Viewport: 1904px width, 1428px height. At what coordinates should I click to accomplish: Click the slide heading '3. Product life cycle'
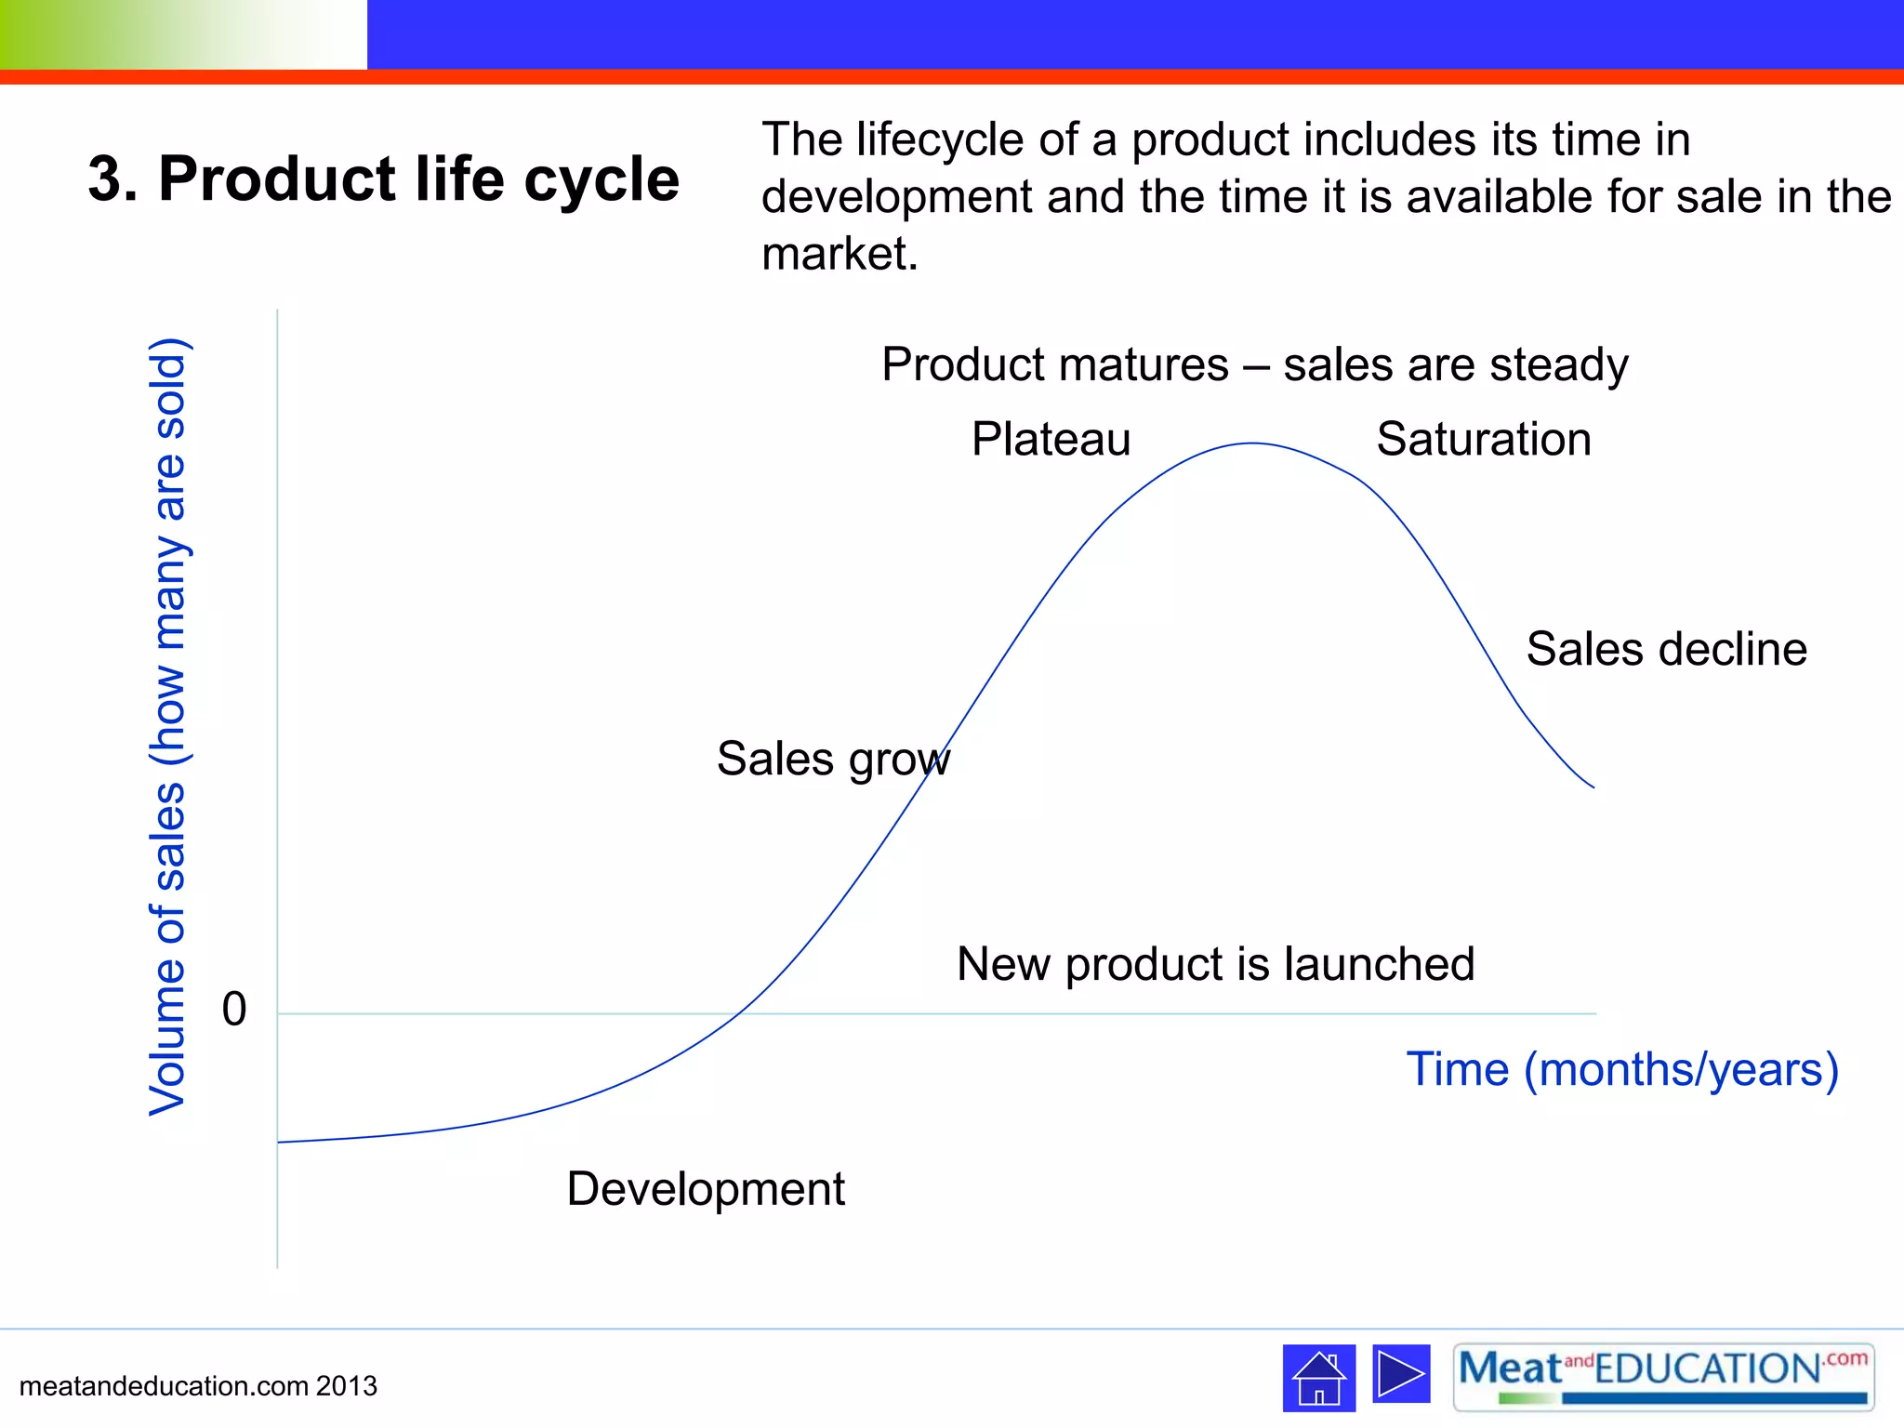click(383, 178)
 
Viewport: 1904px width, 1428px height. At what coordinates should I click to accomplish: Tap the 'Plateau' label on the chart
click(1051, 439)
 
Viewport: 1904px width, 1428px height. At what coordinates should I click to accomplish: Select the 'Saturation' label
click(1484, 439)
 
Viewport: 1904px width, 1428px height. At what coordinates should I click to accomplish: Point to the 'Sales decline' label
click(1666, 649)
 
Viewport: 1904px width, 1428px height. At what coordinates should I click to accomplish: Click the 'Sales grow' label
click(833, 759)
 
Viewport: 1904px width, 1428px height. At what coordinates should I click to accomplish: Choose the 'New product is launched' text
click(1215, 964)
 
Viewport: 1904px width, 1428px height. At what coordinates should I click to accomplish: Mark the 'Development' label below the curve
click(706, 1189)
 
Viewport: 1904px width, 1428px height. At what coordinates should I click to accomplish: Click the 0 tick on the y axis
click(234, 1010)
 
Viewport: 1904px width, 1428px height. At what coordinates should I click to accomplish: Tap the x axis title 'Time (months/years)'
click(1622, 1069)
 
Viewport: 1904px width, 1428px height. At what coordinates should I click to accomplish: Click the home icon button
click(1318, 1377)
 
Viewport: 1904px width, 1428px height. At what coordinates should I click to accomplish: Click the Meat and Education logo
click(1663, 1377)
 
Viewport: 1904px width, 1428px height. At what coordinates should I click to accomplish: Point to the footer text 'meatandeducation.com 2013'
click(198, 1386)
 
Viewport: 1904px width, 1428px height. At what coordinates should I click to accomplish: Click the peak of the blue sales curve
click(1252, 443)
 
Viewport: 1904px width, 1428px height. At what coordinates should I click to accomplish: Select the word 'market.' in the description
click(840, 254)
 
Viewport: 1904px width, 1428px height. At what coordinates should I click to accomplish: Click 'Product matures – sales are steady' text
click(1254, 364)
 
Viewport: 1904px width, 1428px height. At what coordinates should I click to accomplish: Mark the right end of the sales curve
click(1593, 787)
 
